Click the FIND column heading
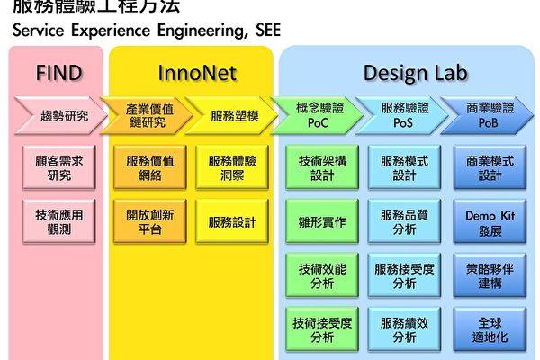tap(58, 73)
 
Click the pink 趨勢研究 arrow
tap(59, 115)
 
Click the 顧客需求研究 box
tap(59, 168)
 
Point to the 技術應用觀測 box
tap(59, 221)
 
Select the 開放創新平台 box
tap(145, 221)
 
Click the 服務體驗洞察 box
tap(231, 168)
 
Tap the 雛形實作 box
tap(316, 221)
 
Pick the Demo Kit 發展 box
tap(490, 222)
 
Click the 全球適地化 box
tap(490, 329)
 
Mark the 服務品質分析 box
tap(404, 222)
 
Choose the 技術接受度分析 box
tap(316, 329)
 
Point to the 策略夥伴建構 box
tap(490, 275)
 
